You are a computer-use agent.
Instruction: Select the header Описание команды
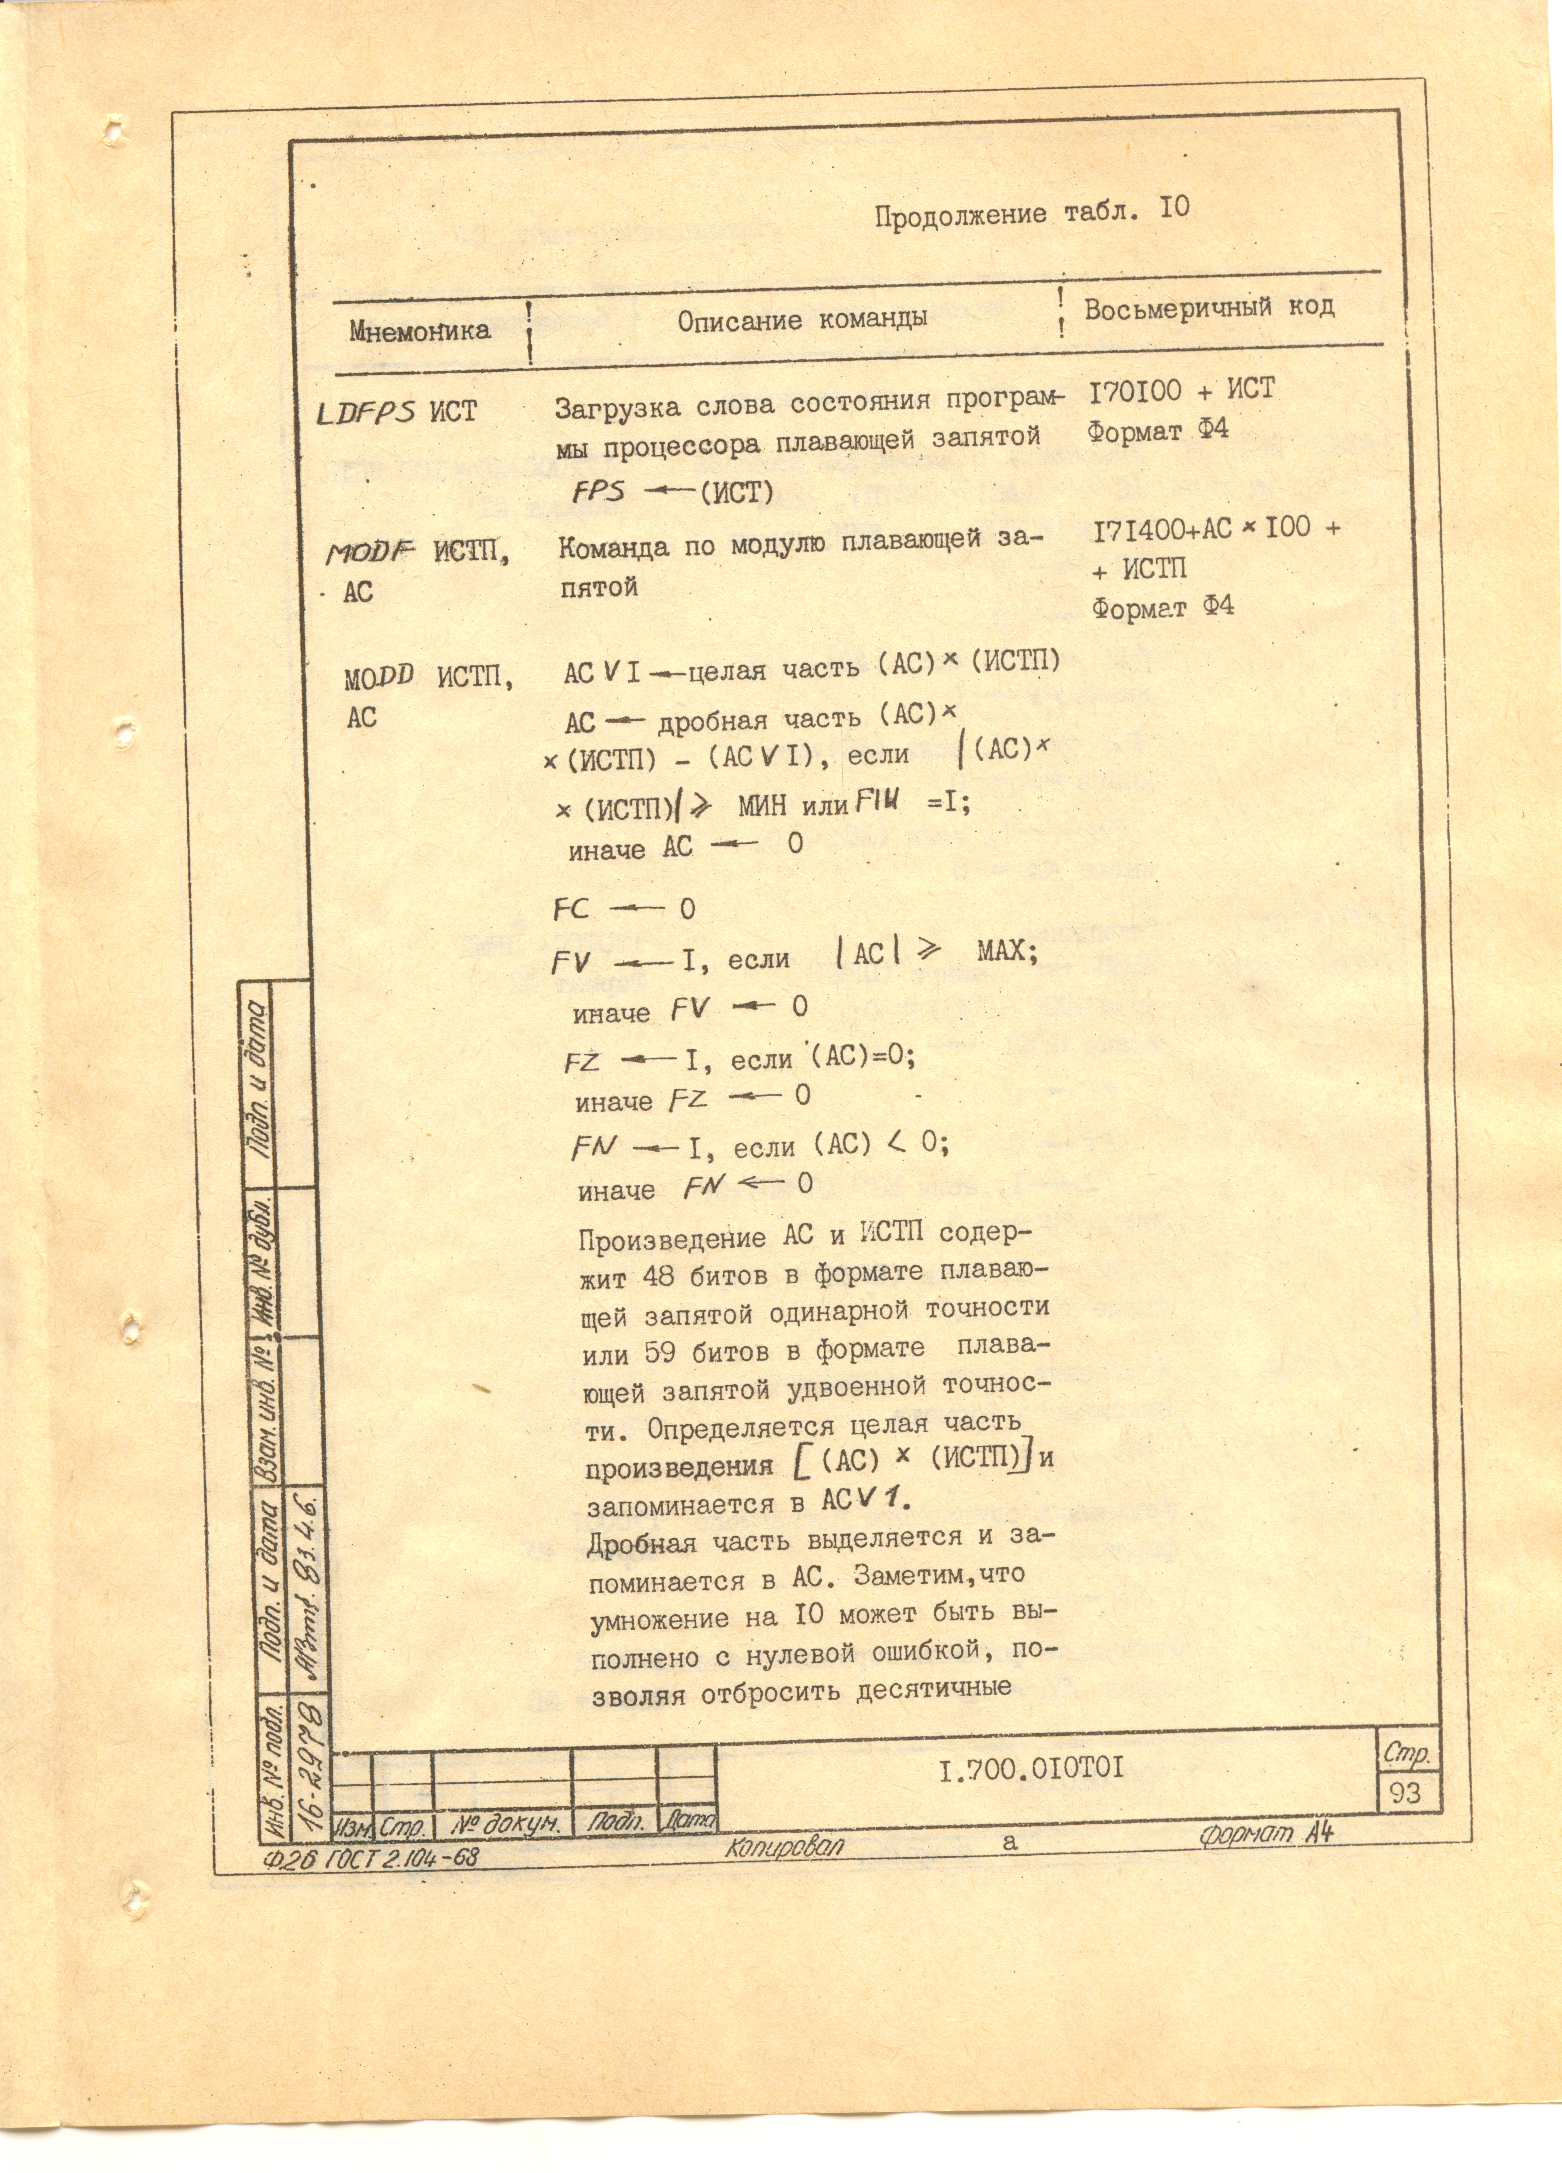click(802, 319)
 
